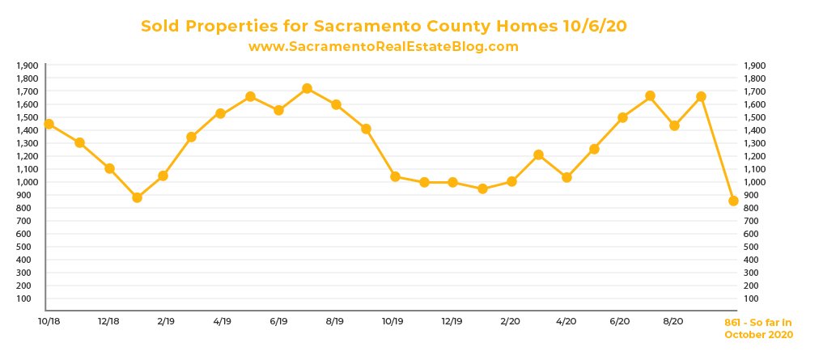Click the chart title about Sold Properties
click(x=384, y=26)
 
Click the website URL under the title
click(x=383, y=47)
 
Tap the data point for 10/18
click(x=49, y=124)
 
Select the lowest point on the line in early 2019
click(x=137, y=197)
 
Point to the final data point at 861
click(x=733, y=201)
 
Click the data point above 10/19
click(x=395, y=176)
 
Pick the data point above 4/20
click(x=566, y=177)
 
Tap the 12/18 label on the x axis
click(x=108, y=321)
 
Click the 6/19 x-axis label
click(x=278, y=321)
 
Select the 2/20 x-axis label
click(x=510, y=321)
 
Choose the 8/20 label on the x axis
click(x=672, y=321)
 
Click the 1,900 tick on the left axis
click(x=27, y=66)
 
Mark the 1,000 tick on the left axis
click(x=27, y=182)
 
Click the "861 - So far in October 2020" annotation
click(x=758, y=328)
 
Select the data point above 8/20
click(x=674, y=125)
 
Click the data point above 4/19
click(x=220, y=113)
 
